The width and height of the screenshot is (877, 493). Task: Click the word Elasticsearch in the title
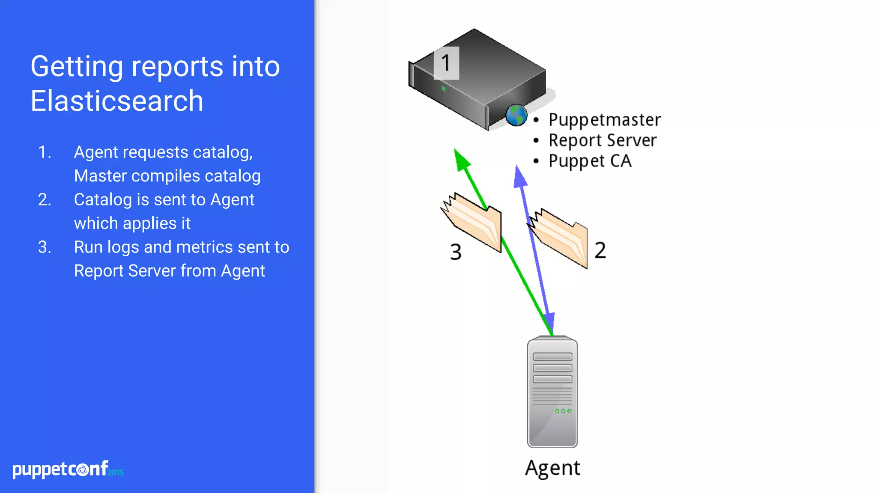pyautogui.click(x=116, y=101)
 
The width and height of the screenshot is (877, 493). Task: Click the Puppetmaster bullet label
pyautogui.click(x=604, y=120)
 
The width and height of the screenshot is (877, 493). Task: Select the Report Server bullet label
pyautogui.click(x=603, y=140)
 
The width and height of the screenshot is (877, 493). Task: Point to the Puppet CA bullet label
pyautogui.click(x=590, y=161)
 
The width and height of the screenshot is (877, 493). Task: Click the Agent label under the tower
pyautogui.click(x=552, y=468)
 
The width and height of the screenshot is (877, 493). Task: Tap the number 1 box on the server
pyautogui.click(x=446, y=63)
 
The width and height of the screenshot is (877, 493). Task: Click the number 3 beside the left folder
pyautogui.click(x=456, y=252)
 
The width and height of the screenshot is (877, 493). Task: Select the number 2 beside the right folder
pyautogui.click(x=600, y=250)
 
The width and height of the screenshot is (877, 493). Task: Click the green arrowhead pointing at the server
pyautogui.click(x=461, y=160)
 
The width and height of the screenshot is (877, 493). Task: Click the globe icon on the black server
pyautogui.click(x=516, y=115)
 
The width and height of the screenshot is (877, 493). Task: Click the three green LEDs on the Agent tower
pyautogui.click(x=563, y=411)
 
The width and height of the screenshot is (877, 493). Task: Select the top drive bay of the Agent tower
pyautogui.click(x=552, y=356)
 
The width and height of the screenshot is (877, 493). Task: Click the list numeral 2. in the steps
pyautogui.click(x=45, y=200)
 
